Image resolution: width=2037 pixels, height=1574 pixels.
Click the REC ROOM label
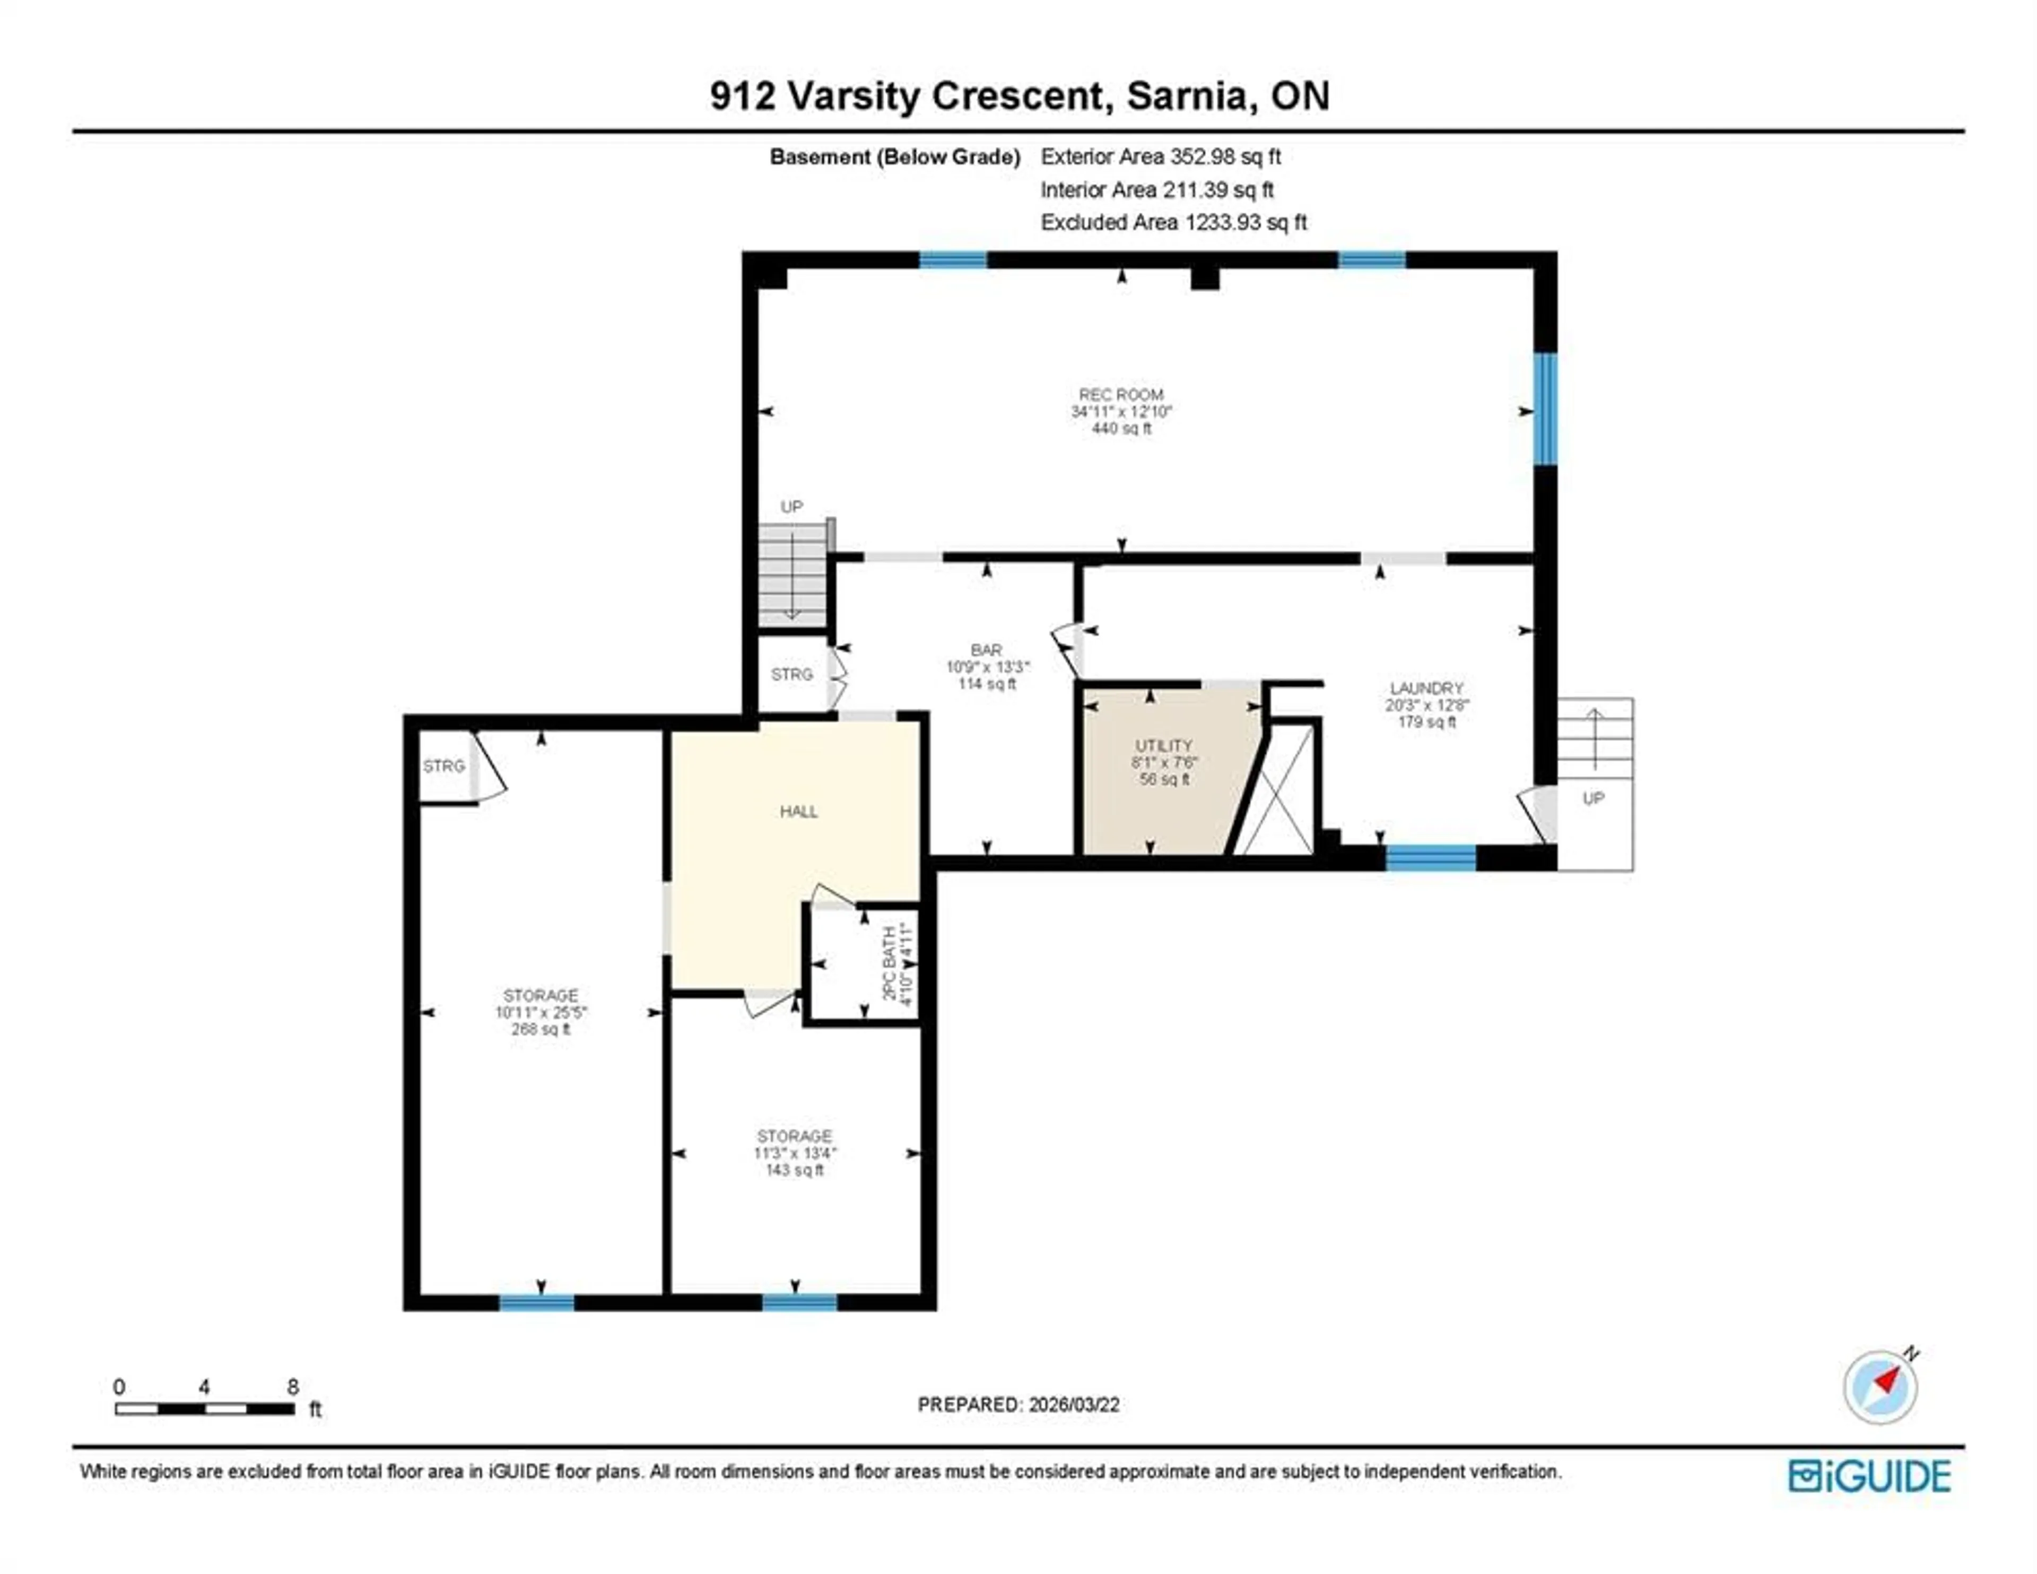point(1120,395)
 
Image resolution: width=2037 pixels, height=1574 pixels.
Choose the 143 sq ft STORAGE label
point(794,1136)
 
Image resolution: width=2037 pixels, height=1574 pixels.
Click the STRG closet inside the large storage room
point(444,766)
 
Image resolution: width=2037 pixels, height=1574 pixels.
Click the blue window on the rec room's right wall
point(1545,408)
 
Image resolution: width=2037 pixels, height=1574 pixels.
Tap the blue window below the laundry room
point(1430,857)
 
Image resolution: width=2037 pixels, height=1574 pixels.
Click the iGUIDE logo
point(1870,1476)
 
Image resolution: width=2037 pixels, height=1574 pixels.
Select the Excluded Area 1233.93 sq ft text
point(1173,222)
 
